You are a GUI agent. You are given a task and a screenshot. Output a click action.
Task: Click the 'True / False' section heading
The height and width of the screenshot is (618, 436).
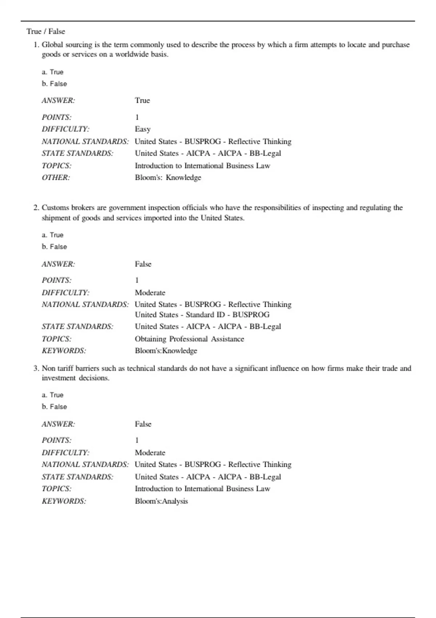point(45,32)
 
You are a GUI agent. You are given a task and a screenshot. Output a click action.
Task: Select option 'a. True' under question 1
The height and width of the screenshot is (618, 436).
point(52,72)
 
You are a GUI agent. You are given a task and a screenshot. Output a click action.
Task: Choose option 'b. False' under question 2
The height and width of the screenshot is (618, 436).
point(54,246)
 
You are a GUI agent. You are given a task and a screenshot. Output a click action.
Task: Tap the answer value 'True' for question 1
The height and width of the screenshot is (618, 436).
point(142,100)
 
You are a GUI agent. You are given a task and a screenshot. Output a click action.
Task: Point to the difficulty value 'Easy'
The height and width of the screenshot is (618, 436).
point(142,129)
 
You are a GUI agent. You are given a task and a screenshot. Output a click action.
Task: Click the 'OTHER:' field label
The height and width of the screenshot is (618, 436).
point(56,177)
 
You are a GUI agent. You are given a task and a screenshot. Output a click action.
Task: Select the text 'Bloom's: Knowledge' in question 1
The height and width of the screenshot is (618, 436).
point(168,177)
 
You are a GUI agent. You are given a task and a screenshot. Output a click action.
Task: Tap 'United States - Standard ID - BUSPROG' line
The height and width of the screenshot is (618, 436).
point(202,315)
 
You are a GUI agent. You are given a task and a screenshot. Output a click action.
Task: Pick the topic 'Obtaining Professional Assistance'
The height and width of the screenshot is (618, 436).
point(189,339)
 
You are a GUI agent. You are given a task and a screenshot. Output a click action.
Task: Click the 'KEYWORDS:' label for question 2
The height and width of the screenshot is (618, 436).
point(64,351)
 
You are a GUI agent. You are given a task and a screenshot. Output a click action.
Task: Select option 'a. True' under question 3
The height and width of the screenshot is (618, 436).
point(52,395)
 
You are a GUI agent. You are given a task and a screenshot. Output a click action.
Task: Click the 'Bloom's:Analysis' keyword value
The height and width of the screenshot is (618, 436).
point(161,501)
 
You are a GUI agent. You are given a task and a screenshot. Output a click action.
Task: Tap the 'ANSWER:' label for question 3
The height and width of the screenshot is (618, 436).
point(58,424)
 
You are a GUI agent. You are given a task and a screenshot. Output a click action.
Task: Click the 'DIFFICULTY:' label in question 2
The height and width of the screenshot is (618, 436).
point(65,293)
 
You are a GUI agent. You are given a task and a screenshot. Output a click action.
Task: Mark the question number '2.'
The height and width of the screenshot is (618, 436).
point(36,208)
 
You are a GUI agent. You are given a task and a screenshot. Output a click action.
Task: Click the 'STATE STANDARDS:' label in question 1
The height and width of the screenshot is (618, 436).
point(77,153)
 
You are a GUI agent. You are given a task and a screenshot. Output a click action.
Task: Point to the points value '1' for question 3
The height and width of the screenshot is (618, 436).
point(137,440)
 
